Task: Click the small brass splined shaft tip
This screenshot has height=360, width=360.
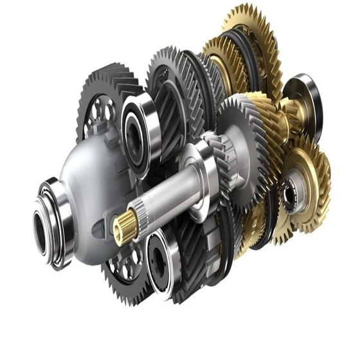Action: point(124,225)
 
